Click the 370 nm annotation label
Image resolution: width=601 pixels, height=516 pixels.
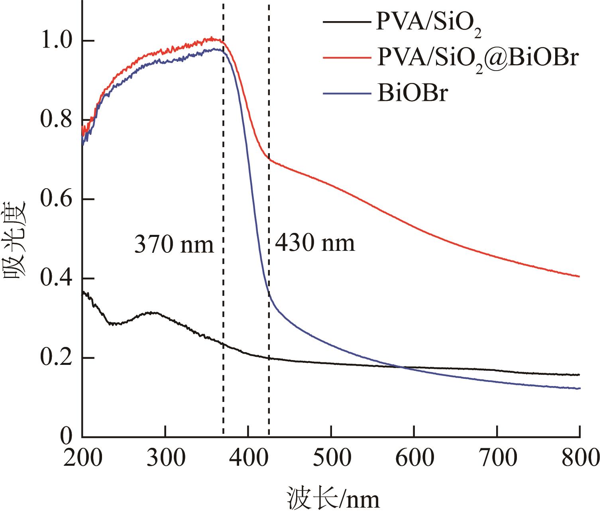[x=174, y=244]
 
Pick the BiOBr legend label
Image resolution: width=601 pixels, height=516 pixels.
[x=410, y=95]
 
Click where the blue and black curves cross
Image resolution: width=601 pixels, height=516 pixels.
[x=399, y=366]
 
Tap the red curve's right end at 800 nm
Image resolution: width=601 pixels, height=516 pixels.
[x=579, y=276]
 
